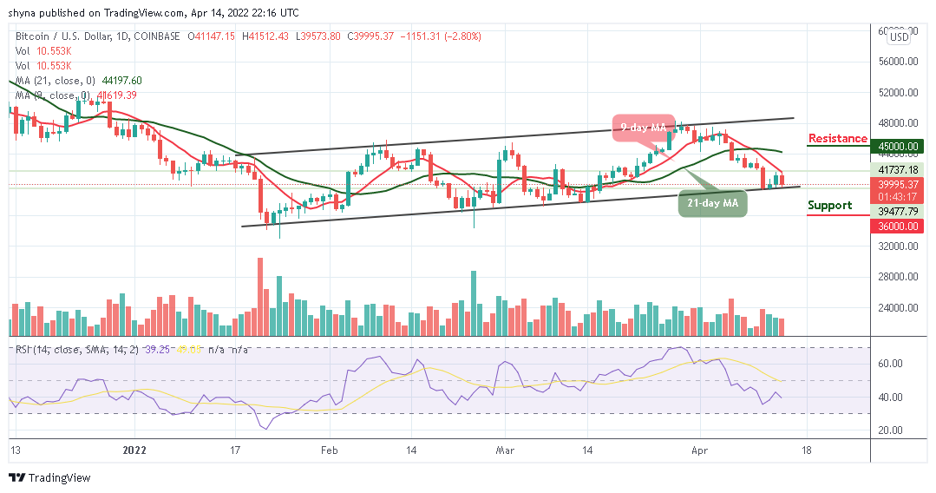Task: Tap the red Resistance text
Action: coord(837,139)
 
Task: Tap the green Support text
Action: coord(829,206)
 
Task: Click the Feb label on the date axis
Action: coord(330,451)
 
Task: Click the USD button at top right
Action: coord(900,37)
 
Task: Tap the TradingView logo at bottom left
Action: coord(49,477)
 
